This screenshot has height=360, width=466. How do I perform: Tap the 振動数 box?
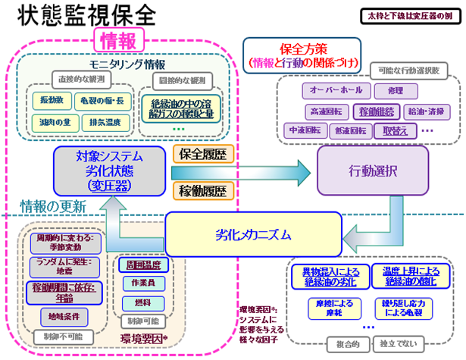[52, 100]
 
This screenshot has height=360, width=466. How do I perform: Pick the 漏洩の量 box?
[52, 121]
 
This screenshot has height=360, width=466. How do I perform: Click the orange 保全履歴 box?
[204, 154]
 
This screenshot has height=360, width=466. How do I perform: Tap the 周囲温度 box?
[141, 265]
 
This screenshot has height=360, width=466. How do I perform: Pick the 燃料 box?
[141, 303]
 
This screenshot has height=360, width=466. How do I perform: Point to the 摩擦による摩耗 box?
[326, 308]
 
